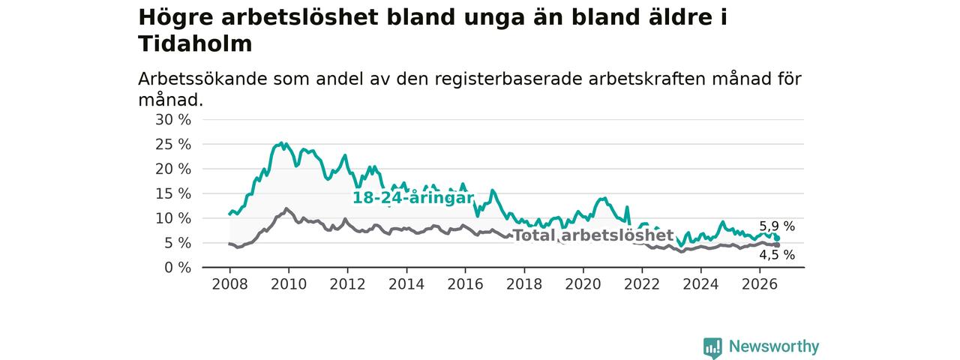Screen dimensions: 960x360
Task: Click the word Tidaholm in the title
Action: click(195, 43)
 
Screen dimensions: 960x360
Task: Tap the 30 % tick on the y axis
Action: click(173, 119)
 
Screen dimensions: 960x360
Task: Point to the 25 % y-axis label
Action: click(173, 145)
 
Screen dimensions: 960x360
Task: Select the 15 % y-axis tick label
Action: click(173, 193)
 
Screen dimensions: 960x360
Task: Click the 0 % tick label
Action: click(178, 268)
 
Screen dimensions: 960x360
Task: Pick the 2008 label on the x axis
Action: click(229, 284)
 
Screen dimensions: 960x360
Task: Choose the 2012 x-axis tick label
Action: click(347, 284)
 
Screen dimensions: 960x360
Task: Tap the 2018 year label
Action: click(524, 284)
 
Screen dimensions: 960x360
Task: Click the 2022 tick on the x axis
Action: click(642, 284)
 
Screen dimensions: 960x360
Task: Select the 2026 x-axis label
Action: click(760, 284)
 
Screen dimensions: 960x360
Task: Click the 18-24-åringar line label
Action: click(413, 197)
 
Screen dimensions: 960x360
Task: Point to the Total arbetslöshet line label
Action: click(593, 235)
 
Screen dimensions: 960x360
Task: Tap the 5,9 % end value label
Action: click(777, 226)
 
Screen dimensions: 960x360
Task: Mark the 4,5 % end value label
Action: click(777, 255)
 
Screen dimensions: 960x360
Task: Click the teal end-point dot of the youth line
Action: click(778, 238)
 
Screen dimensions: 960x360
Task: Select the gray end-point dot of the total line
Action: click(778, 245)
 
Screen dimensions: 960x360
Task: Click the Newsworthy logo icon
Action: click(712, 347)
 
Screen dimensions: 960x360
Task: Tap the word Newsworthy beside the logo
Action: click(774, 346)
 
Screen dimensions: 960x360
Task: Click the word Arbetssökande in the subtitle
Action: click(202, 79)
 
